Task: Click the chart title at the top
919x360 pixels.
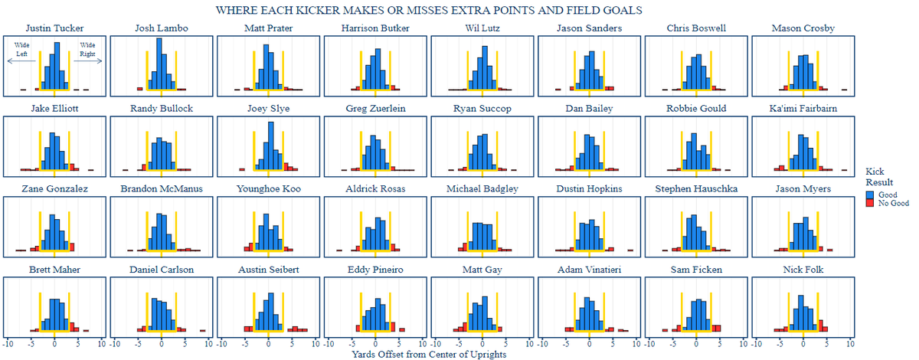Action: (x=429, y=11)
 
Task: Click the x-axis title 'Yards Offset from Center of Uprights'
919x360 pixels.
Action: (x=429, y=354)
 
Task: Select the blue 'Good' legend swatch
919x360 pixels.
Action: (x=870, y=195)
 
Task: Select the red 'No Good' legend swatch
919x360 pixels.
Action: (x=870, y=203)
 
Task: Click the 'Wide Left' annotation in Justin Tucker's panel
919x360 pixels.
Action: (x=21, y=50)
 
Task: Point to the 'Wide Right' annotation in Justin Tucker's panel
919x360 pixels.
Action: (x=87, y=50)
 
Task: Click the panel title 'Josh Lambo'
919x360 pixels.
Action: (x=162, y=29)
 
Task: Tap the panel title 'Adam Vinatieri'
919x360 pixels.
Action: (x=590, y=270)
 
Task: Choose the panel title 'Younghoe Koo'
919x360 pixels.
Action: (x=268, y=189)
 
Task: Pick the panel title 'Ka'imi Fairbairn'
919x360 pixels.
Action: (x=803, y=109)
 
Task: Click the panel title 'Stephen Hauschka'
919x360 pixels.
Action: (x=696, y=189)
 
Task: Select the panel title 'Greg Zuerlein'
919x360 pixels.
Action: (x=375, y=109)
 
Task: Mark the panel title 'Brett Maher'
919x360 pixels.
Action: (x=54, y=270)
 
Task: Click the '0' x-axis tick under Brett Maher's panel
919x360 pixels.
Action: (x=54, y=344)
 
